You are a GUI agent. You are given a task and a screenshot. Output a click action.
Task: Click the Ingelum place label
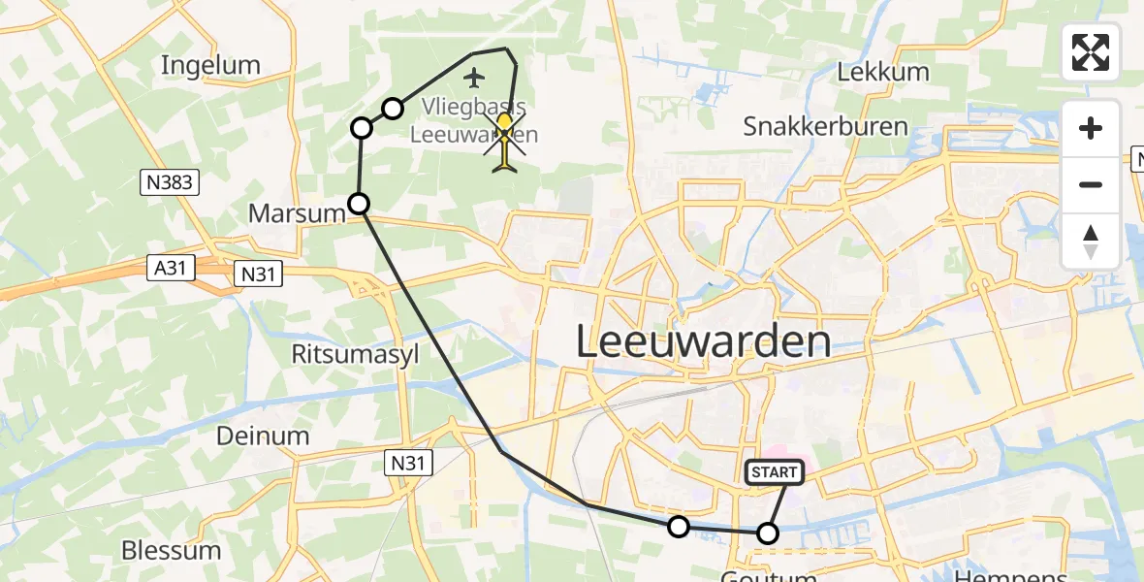210,66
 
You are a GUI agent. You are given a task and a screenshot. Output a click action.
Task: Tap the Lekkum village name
882,72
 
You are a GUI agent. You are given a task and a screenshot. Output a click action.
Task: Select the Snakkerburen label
825,126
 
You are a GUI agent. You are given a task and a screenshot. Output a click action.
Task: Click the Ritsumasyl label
356,354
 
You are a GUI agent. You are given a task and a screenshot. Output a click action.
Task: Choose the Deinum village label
263,436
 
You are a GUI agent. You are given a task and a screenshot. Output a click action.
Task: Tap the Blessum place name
171,551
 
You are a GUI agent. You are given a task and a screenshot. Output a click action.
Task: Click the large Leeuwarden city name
703,342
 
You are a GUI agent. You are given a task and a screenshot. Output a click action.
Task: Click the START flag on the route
774,472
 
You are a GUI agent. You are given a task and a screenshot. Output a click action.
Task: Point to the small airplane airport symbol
473,77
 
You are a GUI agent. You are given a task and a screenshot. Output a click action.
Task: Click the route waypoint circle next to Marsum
359,203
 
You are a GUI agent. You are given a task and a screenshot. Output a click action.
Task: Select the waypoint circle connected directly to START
767,533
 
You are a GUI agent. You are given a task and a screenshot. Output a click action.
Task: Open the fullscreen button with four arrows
1091,52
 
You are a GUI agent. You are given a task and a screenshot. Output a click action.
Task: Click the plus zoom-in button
1091,128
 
